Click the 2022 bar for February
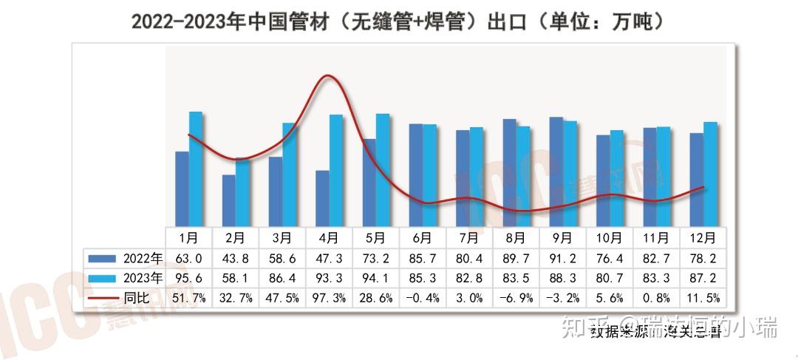228,200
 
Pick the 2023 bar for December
710,174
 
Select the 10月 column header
609,238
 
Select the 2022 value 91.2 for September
562,258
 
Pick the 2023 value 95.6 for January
189,278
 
